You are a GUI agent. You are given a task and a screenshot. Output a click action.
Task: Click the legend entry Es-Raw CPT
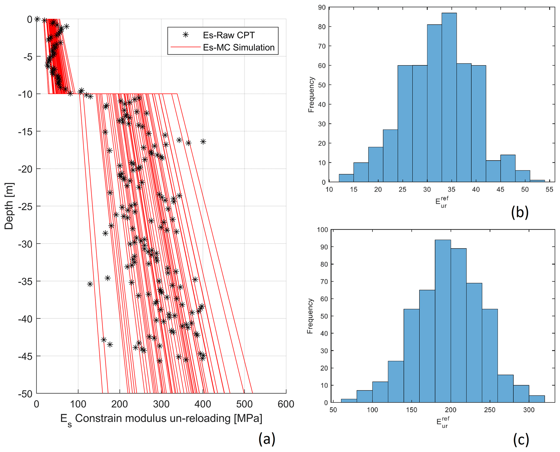tap(228, 35)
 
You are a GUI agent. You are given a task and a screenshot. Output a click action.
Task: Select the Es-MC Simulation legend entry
tap(238, 47)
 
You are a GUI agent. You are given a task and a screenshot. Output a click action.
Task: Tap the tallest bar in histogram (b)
tap(449, 97)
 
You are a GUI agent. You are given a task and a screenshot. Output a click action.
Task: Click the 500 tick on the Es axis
tap(244, 404)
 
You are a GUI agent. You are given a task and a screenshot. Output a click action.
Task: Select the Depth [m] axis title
tap(9, 206)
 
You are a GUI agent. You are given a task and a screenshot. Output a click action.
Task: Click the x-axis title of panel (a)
tap(161, 419)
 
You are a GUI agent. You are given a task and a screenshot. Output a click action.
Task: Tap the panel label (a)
tap(267, 439)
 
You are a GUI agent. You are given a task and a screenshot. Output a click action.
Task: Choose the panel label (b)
tap(519, 212)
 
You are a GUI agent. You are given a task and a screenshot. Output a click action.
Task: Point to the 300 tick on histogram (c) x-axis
tap(529, 410)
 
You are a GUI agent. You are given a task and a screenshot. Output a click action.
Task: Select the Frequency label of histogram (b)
tap(311, 95)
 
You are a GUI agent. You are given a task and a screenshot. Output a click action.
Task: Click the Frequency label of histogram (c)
tap(310, 316)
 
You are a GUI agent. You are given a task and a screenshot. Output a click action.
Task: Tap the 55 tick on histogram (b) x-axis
tap(549, 189)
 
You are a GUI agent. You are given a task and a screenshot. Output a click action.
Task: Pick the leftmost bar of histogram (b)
tap(346, 178)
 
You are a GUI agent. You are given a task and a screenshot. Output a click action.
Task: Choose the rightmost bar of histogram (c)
tap(536, 399)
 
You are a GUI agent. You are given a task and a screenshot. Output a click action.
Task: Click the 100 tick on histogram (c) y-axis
tap(322, 230)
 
